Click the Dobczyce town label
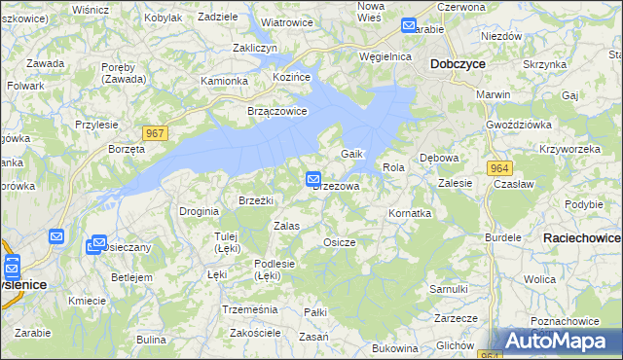click(458, 63)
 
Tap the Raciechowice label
click(582, 237)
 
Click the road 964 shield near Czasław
click(500, 167)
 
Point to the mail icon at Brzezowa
click(313, 178)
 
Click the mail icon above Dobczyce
click(409, 26)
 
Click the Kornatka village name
click(409, 212)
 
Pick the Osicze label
click(339, 242)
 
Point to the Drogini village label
click(199, 211)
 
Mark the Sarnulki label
click(449, 289)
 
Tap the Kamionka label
click(224, 81)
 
